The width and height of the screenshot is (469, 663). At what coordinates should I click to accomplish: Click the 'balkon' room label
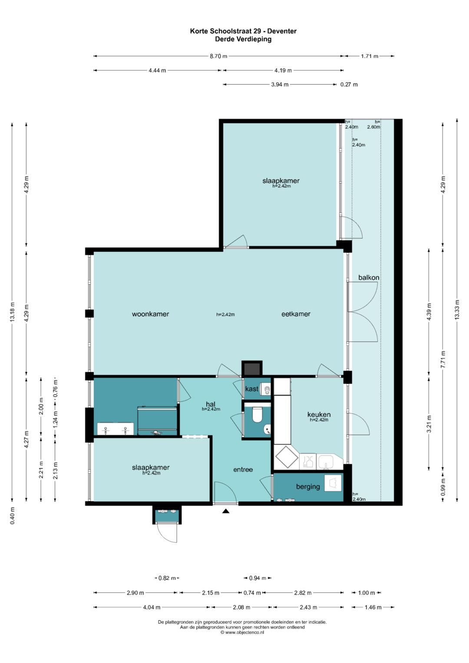point(369,277)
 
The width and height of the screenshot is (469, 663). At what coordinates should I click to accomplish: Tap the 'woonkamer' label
point(150,314)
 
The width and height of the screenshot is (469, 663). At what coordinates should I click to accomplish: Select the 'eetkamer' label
point(296,314)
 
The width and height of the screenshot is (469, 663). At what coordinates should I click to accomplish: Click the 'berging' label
point(308,487)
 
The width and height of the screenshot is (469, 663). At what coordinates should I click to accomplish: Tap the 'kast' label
point(252,389)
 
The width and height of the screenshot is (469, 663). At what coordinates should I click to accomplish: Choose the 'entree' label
point(243,469)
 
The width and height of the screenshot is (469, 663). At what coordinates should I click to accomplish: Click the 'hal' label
point(211,404)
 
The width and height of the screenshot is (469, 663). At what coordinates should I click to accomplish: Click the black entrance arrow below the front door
point(226,511)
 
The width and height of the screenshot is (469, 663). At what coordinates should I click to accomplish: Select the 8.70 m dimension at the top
point(218,56)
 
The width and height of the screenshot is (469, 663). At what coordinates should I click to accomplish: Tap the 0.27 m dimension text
point(349,84)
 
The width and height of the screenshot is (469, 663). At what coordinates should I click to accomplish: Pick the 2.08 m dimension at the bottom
point(241,607)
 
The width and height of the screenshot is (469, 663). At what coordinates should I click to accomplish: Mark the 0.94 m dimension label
point(257,578)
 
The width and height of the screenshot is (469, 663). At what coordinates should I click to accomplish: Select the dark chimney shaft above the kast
point(252,369)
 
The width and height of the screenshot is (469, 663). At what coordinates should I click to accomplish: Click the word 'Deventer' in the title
point(282,31)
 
